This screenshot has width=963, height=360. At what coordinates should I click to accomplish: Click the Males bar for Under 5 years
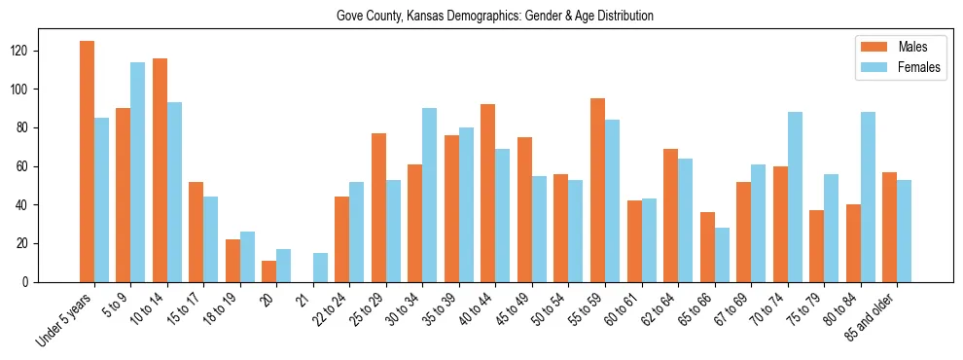87,162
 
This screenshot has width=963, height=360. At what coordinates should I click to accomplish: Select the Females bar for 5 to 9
138,172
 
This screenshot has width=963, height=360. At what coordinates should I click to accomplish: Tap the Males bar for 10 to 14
160,170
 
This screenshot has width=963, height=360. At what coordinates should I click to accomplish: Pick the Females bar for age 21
320,268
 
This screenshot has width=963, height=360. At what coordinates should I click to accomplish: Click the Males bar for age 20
269,271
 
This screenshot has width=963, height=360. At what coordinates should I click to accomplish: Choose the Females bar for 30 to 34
430,195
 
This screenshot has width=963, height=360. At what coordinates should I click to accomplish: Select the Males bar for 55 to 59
597,190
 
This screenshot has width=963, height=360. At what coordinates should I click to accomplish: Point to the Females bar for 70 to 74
795,197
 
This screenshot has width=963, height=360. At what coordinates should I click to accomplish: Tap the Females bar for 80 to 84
868,197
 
